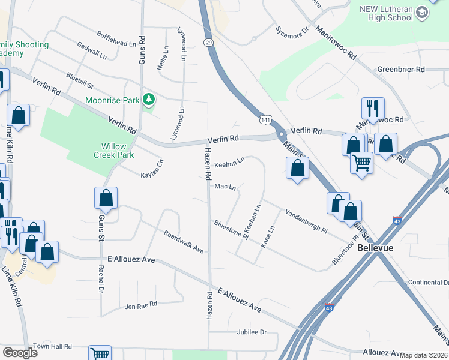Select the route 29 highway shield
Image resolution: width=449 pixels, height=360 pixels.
tap(208, 43)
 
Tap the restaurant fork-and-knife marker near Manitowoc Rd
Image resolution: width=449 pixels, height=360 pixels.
tap(373, 108)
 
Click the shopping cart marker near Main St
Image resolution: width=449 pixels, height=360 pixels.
tap(361, 161)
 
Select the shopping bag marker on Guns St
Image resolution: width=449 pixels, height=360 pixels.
tap(106, 197)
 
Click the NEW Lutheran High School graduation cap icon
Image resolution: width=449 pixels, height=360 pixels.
tap(422, 13)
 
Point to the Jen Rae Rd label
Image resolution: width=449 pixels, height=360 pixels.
tap(140, 305)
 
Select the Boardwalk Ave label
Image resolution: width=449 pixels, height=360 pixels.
tap(184, 242)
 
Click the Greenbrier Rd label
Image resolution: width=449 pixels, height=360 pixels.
tap(401, 70)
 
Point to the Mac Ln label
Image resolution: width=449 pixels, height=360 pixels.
tap(225, 187)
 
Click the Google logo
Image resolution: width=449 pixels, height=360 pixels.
tap(20, 352)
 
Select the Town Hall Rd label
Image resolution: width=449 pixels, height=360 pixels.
tap(52, 347)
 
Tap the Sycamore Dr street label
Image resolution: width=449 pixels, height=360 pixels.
tap(291, 28)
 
